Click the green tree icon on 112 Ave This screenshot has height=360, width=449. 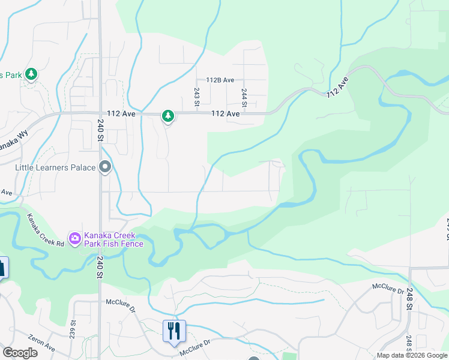coord(168,116)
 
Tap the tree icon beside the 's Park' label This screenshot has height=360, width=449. coord(31,75)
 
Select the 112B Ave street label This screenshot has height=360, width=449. coord(220,80)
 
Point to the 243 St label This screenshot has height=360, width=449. coord(196,97)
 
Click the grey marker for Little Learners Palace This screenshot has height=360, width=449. coord(106,167)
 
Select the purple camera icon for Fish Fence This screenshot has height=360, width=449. coord(75,239)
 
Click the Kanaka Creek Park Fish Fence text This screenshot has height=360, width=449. coord(113,239)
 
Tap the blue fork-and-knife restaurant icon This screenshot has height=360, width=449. coord(174,331)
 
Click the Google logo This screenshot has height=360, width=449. coord(20,353)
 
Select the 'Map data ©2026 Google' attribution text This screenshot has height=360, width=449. coord(411,355)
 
